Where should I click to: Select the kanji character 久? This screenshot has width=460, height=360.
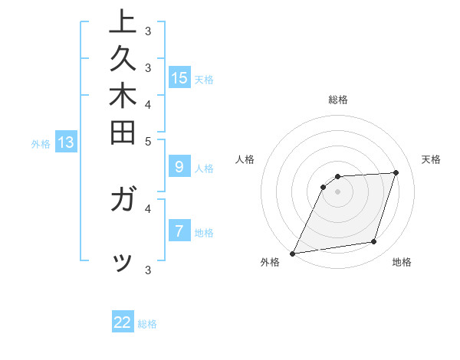coord(122,61)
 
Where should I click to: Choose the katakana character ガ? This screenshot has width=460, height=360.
coord(122,201)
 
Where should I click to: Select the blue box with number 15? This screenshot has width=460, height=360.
coord(179,77)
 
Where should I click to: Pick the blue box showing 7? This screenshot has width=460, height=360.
coord(179,231)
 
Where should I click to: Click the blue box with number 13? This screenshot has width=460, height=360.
coord(66,142)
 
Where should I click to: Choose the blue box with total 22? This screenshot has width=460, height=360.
coord(123,322)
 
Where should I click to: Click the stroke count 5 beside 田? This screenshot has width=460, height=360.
coord(147,141)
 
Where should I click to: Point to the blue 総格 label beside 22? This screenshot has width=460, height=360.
coord(147,324)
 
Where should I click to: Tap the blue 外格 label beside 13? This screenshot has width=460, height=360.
coord(41,143)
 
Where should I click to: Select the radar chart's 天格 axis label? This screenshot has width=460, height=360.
coord(431,159)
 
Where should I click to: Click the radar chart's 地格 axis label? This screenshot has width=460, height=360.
coord(402,262)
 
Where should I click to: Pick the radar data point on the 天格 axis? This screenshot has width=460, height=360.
coord(396,172)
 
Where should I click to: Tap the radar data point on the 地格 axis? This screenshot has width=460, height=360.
coord(374,242)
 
